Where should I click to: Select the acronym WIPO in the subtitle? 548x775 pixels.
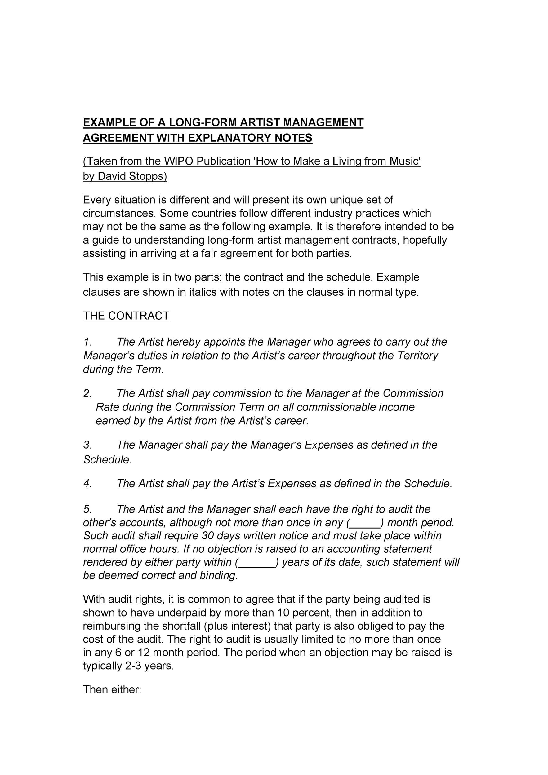pos(179,161)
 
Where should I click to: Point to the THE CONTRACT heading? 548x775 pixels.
pos(126,316)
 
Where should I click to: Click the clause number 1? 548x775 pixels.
pos(87,342)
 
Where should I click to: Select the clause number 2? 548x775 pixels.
pos(87,393)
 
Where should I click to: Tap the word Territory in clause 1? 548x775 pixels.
pos(418,356)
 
